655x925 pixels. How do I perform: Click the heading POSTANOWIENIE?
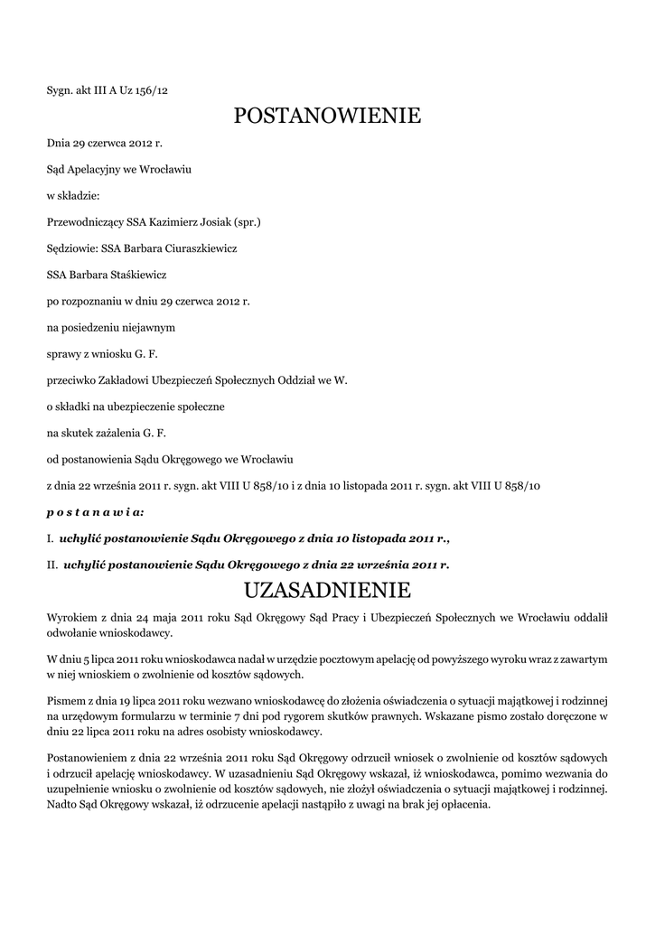(x=327, y=117)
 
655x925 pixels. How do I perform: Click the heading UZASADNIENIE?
(x=327, y=591)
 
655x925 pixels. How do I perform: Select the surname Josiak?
(x=210, y=221)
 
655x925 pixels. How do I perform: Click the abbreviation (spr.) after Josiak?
(x=247, y=221)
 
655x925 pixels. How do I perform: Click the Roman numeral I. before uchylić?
(x=50, y=538)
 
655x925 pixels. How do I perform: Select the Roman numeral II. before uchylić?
(x=52, y=565)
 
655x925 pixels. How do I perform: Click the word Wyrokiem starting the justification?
(x=71, y=617)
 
